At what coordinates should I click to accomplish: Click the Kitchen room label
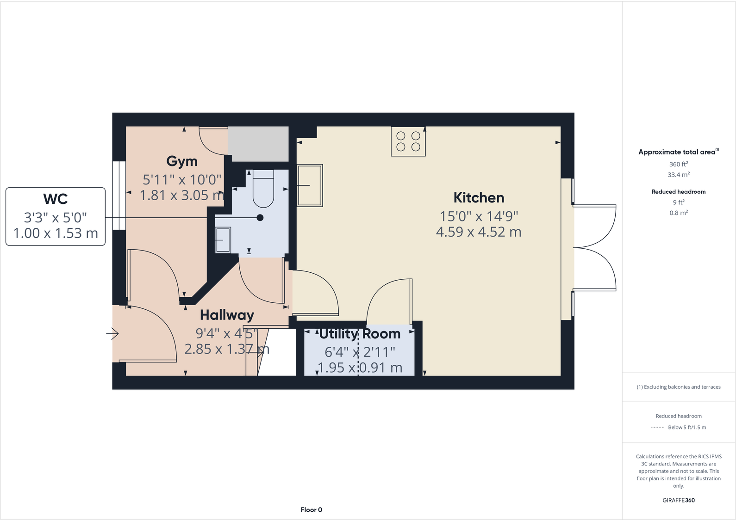(x=479, y=198)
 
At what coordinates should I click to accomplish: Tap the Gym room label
(x=182, y=161)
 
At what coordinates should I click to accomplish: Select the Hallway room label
(x=227, y=315)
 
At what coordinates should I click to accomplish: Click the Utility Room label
(x=360, y=334)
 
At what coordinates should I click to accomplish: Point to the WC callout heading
(x=56, y=199)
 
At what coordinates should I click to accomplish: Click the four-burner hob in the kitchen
(x=408, y=141)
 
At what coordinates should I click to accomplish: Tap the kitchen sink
(x=310, y=185)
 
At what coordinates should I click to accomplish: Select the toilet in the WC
(x=263, y=188)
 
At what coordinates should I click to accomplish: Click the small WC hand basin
(x=223, y=240)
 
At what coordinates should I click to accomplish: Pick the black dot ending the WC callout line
(x=260, y=218)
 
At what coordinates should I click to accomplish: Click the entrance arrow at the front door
(x=112, y=333)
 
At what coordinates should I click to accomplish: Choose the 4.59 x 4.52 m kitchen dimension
(x=479, y=232)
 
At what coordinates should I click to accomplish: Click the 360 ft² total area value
(x=678, y=165)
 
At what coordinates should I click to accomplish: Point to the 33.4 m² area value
(x=678, y=175)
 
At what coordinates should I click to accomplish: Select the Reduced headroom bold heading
(x=678, y=192)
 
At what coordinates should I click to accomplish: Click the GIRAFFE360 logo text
(x=678, y=500)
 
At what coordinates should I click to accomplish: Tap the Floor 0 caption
(x=311, y=510)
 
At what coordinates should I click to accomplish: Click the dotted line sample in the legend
(x=657, y=428)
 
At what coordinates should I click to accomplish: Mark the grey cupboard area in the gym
(x=258, y=144)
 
